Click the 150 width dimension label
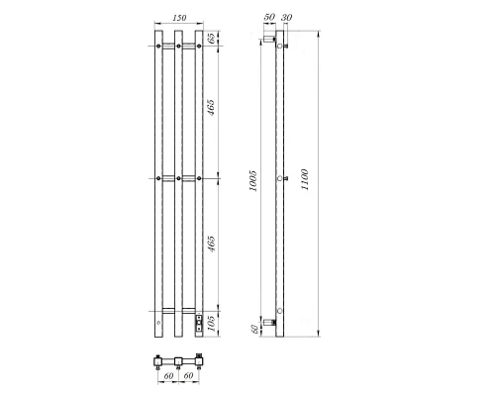[179, 18]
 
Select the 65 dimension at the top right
[211, 38]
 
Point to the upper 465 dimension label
[211, 107]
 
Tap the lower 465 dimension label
[211, 244]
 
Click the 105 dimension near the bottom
[211, 324]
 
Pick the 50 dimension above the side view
[269, 17]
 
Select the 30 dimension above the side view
[286, 18]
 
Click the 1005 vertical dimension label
[253, 181]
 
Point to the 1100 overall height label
[305, 179]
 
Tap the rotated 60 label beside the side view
[254, 329]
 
